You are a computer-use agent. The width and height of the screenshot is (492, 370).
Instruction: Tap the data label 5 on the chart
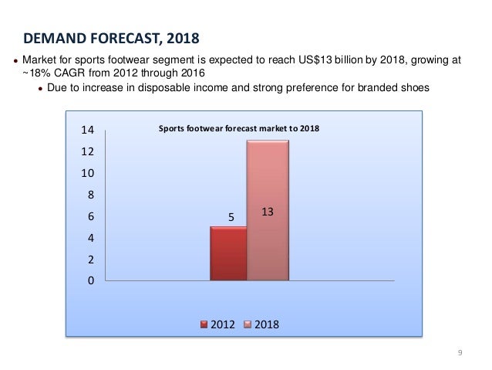[x=229, y=219]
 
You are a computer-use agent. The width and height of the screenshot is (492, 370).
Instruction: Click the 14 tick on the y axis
[x=89, y=131]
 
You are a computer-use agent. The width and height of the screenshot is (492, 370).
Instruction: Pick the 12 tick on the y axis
[x=89, y=152]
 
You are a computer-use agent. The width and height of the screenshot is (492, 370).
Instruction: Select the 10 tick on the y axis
[x=89, y=174]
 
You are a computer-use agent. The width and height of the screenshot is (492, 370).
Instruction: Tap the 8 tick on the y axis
[x=91, y=195]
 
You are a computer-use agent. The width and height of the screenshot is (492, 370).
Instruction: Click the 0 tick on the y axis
[x=91, y=281]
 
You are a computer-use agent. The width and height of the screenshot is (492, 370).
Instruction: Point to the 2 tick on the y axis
[x=91, y=260]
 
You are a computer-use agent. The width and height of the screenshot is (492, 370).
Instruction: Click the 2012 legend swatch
[x=204, y=323]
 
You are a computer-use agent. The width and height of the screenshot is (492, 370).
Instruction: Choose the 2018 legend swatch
[x=249, y=323]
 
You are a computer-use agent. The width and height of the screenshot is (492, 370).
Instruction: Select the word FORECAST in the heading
[x=120, y=37]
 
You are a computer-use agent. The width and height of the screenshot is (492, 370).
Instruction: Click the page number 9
[x=460, y=353]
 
